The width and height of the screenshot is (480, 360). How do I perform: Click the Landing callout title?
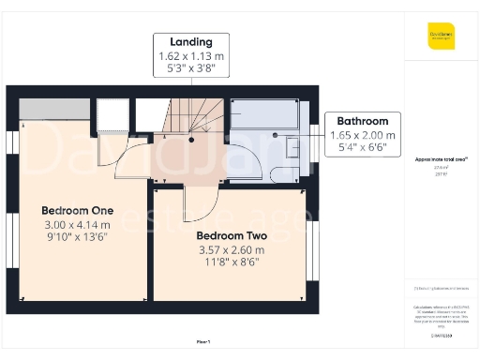click(x=191, y=42)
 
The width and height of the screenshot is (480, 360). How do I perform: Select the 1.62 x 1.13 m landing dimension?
click(x=191, y=57)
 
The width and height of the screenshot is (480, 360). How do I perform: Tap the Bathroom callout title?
click(x=363, y=121)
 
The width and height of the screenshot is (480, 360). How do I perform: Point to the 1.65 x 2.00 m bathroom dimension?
click(x=363, y=135)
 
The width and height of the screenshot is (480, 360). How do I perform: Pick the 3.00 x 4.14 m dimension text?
click(x=78, y=224)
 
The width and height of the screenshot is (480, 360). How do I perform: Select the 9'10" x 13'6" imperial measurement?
click(x=78, y=237)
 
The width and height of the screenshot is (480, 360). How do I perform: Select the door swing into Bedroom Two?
click(x=201, y=200)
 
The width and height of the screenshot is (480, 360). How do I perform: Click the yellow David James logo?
click(x=442, y=37)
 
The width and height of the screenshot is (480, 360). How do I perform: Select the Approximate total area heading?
click(x=442, y=160)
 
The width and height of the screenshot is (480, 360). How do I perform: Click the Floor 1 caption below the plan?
click(x=203, y=343)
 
